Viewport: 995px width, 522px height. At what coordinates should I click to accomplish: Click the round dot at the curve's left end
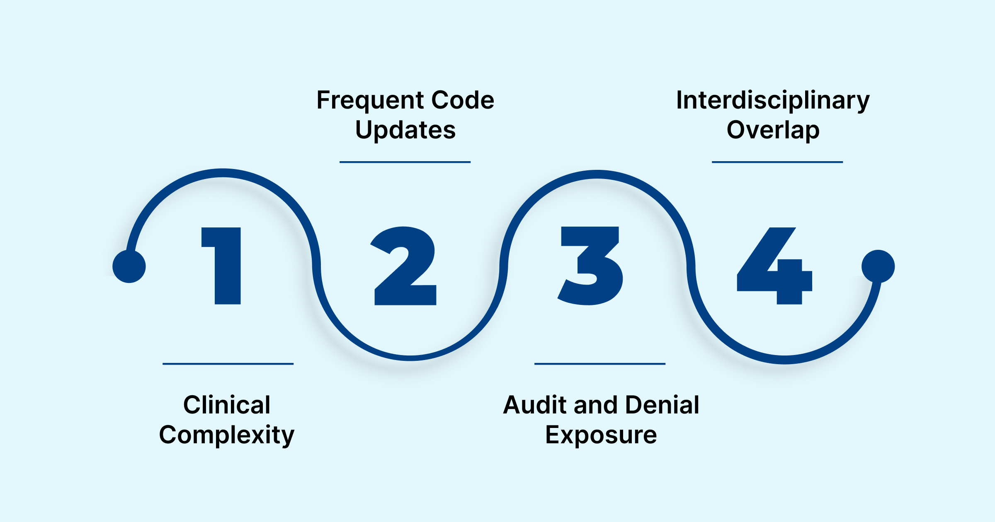tap(129, 266)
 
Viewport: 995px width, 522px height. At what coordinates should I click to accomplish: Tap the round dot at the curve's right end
tap(878, 266)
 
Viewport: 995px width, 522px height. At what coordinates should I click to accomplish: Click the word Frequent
tap(370, 101)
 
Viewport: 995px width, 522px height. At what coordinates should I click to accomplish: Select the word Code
tap(463, 101)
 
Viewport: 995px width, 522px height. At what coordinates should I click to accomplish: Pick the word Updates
tap(405, 130)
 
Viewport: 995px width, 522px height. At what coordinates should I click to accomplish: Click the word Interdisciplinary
tap(773, 101)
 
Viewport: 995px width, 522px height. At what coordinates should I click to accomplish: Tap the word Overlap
tap(773, 130)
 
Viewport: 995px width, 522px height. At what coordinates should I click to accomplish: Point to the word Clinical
tap(227, 405)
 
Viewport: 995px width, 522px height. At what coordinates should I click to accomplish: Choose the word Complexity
tap(227, 435)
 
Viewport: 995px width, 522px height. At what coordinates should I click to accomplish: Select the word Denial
tap(662, 405)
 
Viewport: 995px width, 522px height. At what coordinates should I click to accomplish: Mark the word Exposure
tap(601, 435)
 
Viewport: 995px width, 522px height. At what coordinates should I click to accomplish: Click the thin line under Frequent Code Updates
tap(405, 162)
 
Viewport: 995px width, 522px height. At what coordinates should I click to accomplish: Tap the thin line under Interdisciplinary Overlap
tap(777, 162)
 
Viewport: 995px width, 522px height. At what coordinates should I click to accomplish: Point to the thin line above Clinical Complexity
tap(228, 364)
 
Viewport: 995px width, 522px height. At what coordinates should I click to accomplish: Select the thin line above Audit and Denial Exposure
tap(600, 364)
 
